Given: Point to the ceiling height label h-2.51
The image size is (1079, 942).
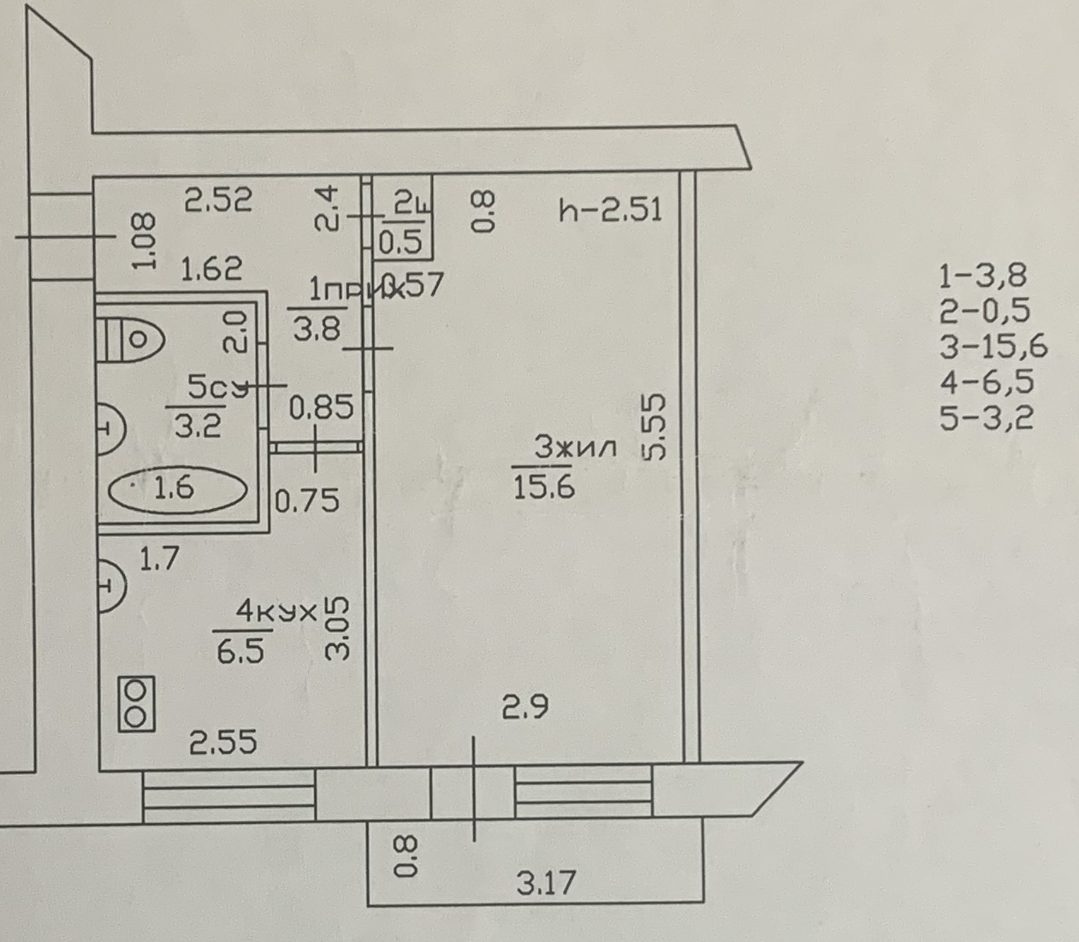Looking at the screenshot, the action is [610, 210].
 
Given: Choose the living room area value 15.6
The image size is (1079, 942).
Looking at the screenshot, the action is [543, 487].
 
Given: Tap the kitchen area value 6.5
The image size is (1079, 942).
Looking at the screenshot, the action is [240, 652].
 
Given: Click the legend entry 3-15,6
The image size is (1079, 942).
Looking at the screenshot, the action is [993, 347].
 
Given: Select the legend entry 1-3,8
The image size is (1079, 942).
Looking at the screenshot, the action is [982, 275].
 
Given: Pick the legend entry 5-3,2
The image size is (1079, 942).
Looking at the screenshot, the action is [986, 418].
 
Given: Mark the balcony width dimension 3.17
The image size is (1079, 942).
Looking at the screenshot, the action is [546, 882].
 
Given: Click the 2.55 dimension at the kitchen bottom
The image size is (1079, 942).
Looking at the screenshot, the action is [222, 742].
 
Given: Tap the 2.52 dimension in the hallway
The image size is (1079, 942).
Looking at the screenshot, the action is [219, 201].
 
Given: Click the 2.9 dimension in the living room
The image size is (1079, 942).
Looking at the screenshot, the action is [525, 708].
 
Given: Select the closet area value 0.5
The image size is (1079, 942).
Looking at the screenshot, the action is [400, 243].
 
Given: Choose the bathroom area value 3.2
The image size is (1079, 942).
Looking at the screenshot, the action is [198, 425].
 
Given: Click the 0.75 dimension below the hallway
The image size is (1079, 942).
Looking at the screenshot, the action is [307, 501].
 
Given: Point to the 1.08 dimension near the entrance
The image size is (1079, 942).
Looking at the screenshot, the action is [145, 242].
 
